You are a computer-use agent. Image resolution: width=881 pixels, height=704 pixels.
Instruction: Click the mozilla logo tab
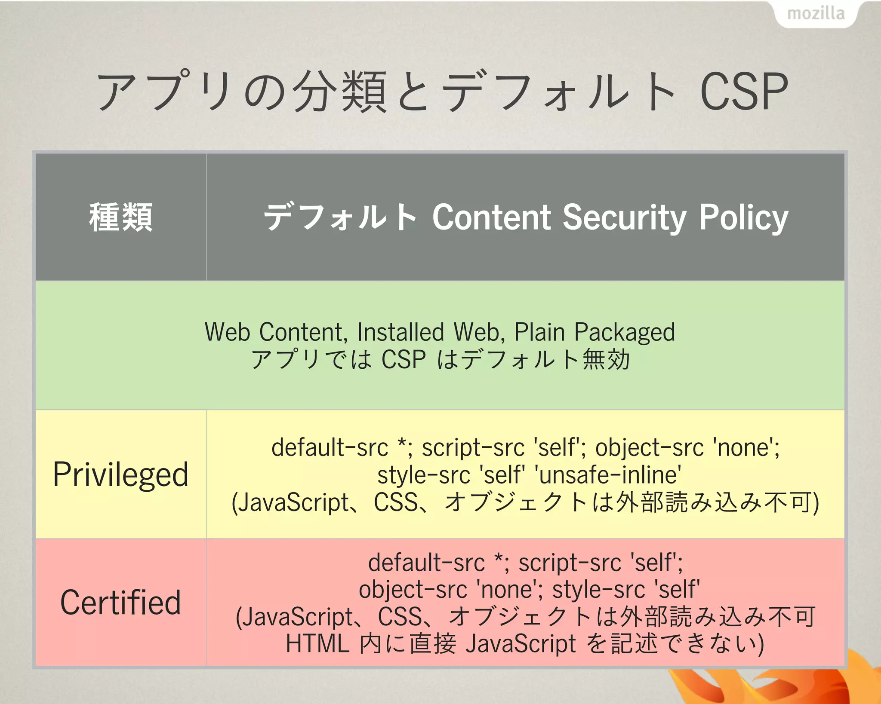click(x=816, y=14)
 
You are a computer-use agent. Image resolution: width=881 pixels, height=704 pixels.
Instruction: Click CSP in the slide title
click(x=744, y=92)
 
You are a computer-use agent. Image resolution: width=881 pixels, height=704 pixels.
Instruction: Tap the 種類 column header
click(x=121, y=217)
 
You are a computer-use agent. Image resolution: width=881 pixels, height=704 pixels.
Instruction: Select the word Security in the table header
click(x=624, y=217)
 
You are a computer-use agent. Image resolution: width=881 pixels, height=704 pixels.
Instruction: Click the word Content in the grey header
click(x=491, y=217)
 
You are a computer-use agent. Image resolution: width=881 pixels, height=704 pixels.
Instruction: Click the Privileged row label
click(x=121, y=474)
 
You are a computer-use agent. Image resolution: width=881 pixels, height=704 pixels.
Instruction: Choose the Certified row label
click(x=121, y=603)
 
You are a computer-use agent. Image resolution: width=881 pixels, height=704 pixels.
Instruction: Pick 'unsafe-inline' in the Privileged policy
click(x=607, y=475)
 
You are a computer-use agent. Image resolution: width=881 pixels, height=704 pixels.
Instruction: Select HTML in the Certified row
click(x=317, y=643)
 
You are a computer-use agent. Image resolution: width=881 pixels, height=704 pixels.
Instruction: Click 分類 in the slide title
click(x=340, y=92)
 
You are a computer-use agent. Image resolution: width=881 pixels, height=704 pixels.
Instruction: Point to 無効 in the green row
click(x=607, y=359)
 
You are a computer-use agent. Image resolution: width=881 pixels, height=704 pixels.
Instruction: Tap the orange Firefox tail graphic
click(x=774, y=683)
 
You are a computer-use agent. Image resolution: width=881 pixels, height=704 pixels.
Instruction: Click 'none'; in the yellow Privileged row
click(x=746, y=447)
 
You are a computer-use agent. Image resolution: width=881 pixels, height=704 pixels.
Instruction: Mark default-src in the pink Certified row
click(x=426, y=563)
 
